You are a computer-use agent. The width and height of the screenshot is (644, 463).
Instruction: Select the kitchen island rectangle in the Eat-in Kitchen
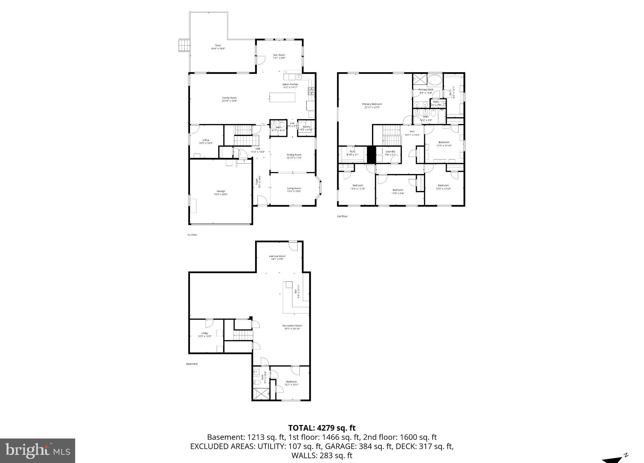(x=282, y=97)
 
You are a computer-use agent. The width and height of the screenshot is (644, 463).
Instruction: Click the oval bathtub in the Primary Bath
(x=435, y=80)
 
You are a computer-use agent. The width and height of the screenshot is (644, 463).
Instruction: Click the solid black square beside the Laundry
(x=371, y=155)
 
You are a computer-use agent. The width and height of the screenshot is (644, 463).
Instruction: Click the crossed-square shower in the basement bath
(x=261, y=394)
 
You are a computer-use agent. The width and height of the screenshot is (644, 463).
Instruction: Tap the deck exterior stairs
(x=184, y=45)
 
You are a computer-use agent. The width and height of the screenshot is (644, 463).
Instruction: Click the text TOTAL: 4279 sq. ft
(x=322, y=428)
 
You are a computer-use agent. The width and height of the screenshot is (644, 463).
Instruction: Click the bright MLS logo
(x=37, y=451)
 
